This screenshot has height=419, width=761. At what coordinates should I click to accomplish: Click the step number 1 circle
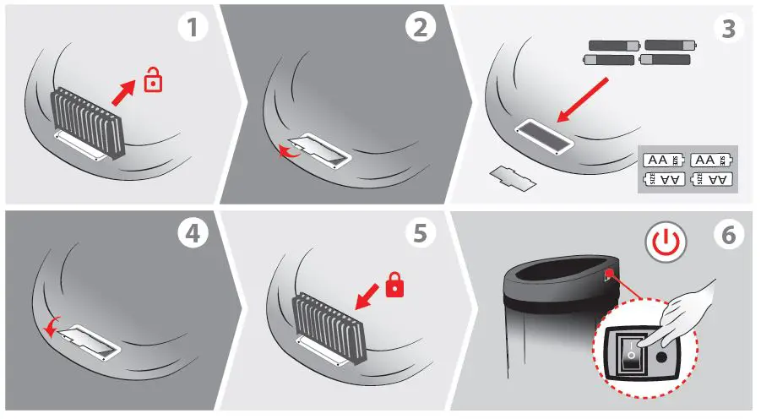pyautogui.click(x=193, y=26)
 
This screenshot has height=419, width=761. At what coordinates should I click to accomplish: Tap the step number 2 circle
pyautogui.click(x=421, y=26)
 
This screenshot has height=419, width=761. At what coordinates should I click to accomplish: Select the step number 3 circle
pyautogui.click(x=729, y=28)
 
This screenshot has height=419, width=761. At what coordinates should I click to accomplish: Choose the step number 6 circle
pyautogui.click(x=729, y=235)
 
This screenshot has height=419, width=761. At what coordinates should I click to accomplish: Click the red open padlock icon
pyautogui.click(x=154, y=79)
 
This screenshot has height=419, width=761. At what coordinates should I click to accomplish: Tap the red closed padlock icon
pyautogui.click(x=394, y=285)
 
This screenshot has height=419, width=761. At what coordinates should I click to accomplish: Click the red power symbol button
pyautogui.click(x=666, y=242)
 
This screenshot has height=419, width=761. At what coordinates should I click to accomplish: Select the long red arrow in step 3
pyautogui.click(x=583, y=100)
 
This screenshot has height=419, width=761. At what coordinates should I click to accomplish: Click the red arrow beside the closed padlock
pyautogui.click(x=367, y=297)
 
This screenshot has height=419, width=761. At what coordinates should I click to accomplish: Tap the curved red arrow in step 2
pyautogui.click(x=288, y=152)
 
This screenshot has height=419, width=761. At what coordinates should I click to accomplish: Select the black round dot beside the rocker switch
pyautogui.click(x=661, y=357)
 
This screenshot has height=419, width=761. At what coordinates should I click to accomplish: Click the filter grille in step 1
pyautogui.click(x=87, y=123)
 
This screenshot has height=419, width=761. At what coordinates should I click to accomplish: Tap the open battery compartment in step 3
pyautogui.click(x=544, y=137)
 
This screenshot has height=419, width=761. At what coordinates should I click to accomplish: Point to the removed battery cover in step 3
pyautogui.click(x=513, y=177)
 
